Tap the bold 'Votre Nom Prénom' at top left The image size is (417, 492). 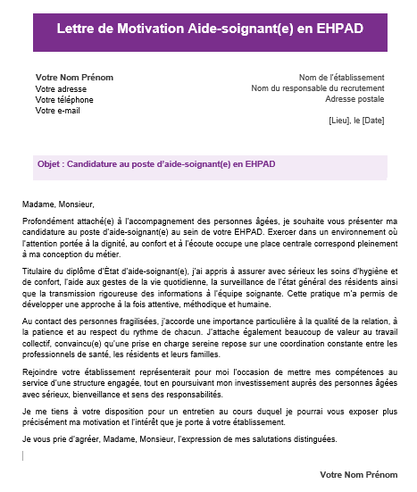(74, 78)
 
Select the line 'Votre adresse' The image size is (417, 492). (61, 89)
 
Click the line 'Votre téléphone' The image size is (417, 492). (64, 100)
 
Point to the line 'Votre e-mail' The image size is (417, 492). (58, 111)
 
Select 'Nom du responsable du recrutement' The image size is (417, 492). (318, 88)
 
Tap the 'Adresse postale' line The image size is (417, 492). (355, 99)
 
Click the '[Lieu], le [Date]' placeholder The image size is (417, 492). (356, 121)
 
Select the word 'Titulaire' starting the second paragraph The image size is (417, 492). (38, 269)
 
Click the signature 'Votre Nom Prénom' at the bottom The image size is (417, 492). (358, 474)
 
